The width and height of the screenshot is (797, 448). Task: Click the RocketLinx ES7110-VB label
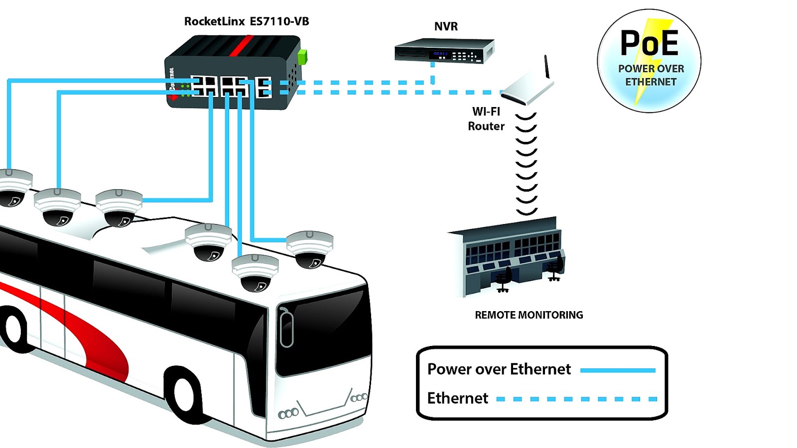click(x=247, y=21)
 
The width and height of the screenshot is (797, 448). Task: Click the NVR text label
click(x=446, y=26)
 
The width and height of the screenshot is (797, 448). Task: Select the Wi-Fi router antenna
click(x=546, y=67)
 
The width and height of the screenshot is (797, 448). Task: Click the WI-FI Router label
click(x=486, y=119)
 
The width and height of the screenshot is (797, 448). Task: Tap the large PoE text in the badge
click(x=649, y=43)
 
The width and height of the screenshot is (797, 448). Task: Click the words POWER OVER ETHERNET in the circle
click(x=651, y=75)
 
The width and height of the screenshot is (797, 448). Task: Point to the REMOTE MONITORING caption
click(x=529, y=315)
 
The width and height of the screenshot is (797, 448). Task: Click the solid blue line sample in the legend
click(x=618, y=370)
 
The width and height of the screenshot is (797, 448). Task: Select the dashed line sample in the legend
click(x=576, y=399)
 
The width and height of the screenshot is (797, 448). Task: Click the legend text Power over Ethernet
click(x=499, y=369)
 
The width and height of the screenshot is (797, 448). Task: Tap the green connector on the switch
click(x=302, y=57)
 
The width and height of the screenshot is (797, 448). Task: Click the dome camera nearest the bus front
click(x=310, y=249)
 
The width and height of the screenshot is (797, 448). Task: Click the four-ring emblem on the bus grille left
click(x=288, y=413)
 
